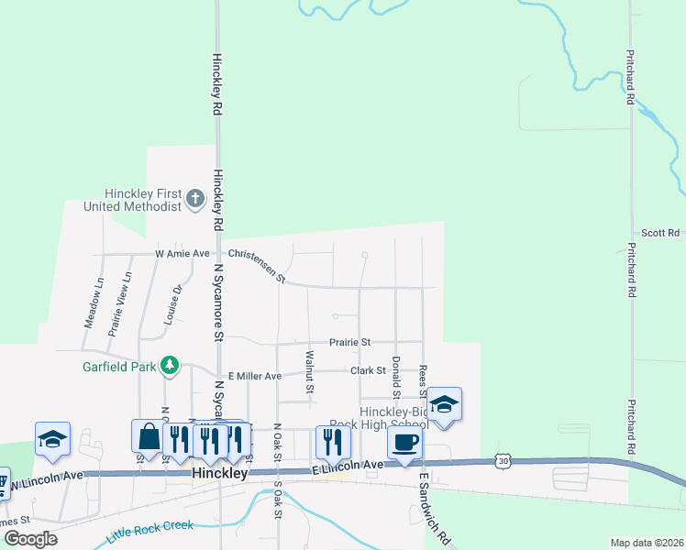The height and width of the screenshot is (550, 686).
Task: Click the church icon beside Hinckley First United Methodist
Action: tap(195, 199)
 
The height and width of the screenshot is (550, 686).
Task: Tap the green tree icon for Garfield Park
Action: tap(169, 366)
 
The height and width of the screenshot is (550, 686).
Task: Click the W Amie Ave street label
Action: tap(183, 253)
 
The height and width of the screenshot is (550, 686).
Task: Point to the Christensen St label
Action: tap(258, 266)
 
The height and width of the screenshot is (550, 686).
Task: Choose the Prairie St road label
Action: tap(351, 342)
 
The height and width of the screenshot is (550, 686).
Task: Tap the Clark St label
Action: tap(368, 370)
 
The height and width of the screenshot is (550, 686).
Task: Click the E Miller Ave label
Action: tap(255, 376)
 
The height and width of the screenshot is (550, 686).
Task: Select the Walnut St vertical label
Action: tap(310, 371)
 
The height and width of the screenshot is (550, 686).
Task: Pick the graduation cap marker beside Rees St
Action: tap(444, 405)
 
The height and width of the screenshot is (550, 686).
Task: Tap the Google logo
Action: tap(30, 539)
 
